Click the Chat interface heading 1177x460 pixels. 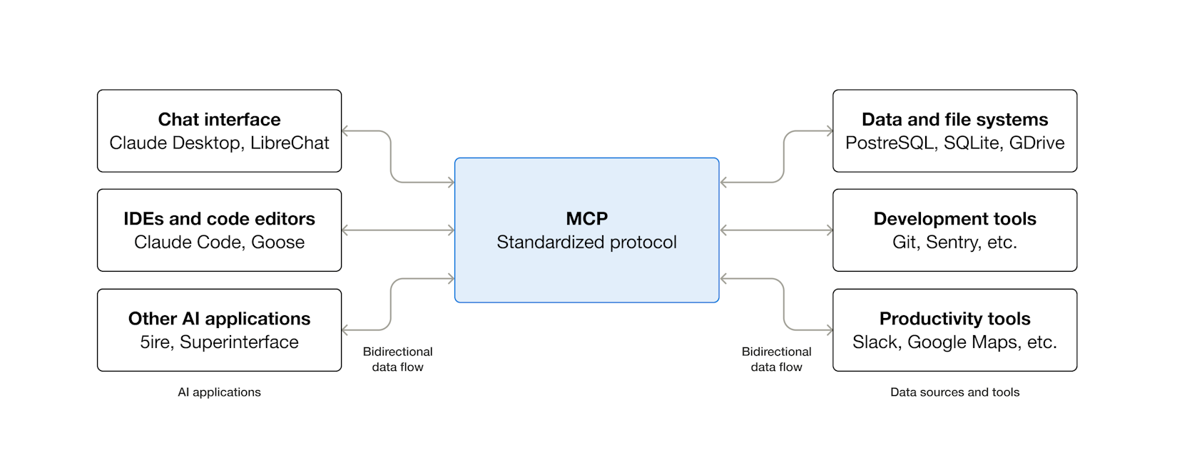point(219,119)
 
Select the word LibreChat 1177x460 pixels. point(290,143)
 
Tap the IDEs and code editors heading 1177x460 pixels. point(219,218)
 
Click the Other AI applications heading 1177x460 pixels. point(219,318)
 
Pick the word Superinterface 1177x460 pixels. point(239,342)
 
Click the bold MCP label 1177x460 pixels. point(586,218)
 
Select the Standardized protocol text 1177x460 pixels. point(586,242)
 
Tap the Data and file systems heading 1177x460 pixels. point(954,119)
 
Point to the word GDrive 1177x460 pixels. point(1037,143)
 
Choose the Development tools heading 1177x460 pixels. point(954,218)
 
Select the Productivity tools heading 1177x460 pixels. point(954,318)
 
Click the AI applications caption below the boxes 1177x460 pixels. point(219,392)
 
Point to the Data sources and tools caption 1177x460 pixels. point(954,392)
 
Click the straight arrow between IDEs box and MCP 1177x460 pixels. point(398,230)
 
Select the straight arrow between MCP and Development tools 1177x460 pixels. point(776,230)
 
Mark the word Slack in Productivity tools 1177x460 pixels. point(876,342)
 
